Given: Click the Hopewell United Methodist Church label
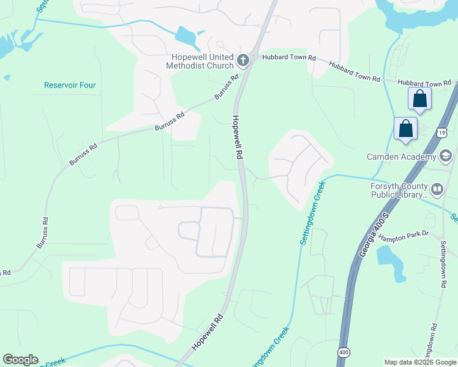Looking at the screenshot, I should click(200, 61).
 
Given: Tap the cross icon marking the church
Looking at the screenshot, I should click(243, 59).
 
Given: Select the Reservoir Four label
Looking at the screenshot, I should click(70, 85).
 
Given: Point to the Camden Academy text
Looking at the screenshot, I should click(400, 157).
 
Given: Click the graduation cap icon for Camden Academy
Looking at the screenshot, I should click(445, 156).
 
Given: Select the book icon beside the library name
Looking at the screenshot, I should click(437, 189).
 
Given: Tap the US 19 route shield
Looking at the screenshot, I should click(442, 132).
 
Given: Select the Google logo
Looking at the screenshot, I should click(20, 360).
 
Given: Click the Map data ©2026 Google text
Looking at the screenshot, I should click(420, 362).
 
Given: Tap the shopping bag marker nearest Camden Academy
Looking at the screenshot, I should click(405, 129).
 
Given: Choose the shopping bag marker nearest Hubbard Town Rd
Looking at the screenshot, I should click(420, 98).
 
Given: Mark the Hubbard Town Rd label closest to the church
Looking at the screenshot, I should click(289, 57).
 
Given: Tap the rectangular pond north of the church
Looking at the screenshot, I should click(187, 37).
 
